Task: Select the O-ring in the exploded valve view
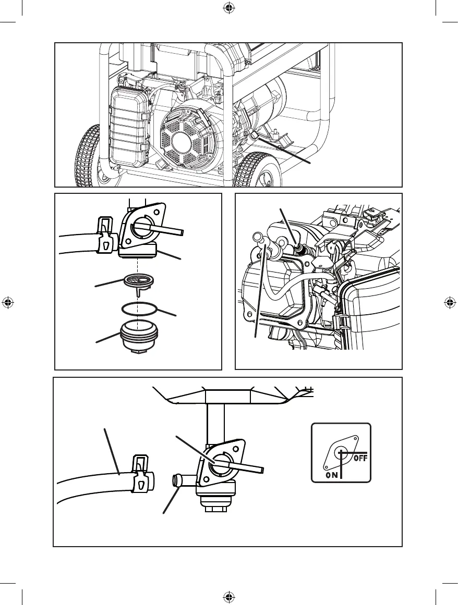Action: (x=139, y=308)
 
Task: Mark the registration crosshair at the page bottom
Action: (x=228, y=597)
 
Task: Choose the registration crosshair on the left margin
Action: (x=8, y=303)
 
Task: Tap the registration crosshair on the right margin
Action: (x=450, y=303)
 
